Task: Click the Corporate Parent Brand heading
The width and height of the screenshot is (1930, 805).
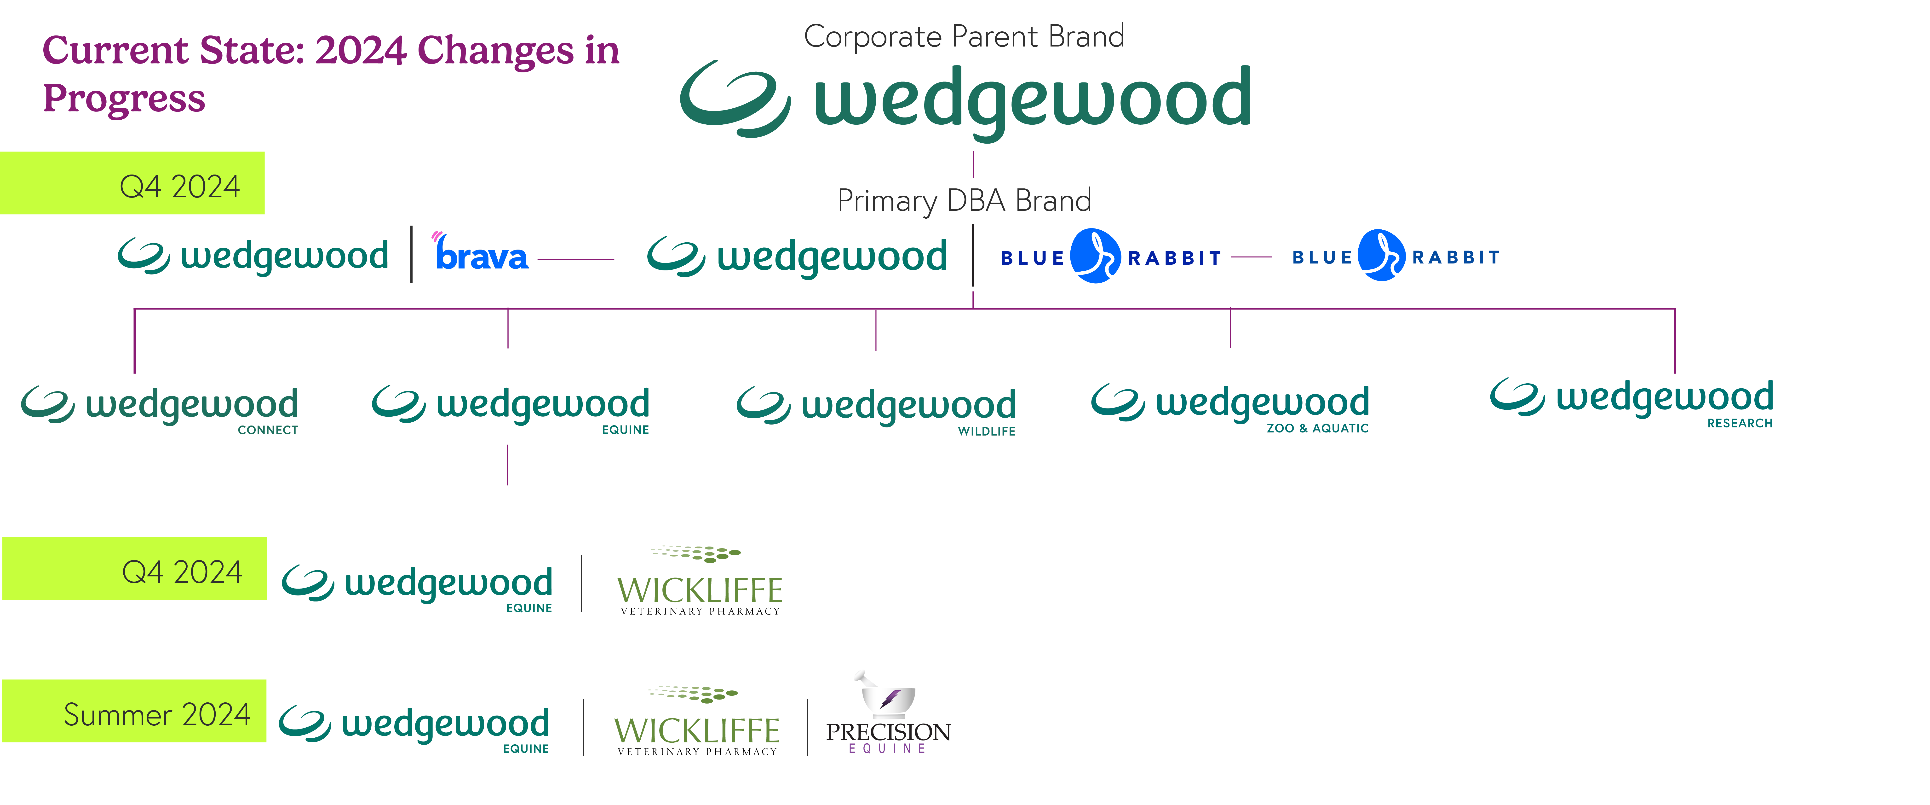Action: [x=964, y=36]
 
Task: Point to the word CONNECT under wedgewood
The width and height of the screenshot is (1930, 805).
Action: [x=267, y=430]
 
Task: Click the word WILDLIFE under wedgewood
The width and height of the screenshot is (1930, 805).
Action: [x=986, y=431]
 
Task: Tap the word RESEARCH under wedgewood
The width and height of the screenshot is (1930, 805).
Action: [x=1740, y=424]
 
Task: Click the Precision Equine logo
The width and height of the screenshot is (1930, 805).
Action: [x=888, y=716]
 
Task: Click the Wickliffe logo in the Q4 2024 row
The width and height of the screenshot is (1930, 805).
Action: [x=699, y=581]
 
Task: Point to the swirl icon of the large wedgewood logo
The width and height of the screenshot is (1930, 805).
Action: [x=734, y=99]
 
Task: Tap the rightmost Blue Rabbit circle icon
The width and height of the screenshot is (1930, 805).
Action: [x=1381, y=256]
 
